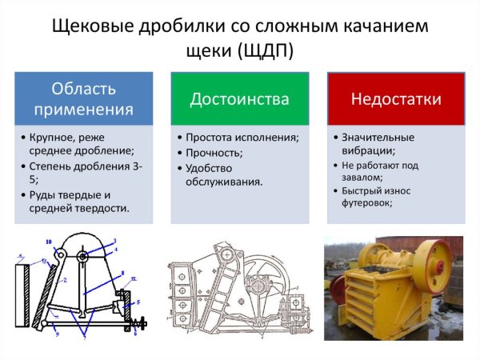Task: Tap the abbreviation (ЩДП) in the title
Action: [264, 50]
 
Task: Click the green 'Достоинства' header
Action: [239, 98]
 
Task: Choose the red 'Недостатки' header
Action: [395, 98]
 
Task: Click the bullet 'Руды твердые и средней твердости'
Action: [77, 202]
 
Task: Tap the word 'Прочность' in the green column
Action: [214, 152]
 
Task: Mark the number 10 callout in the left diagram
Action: [48, 241]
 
